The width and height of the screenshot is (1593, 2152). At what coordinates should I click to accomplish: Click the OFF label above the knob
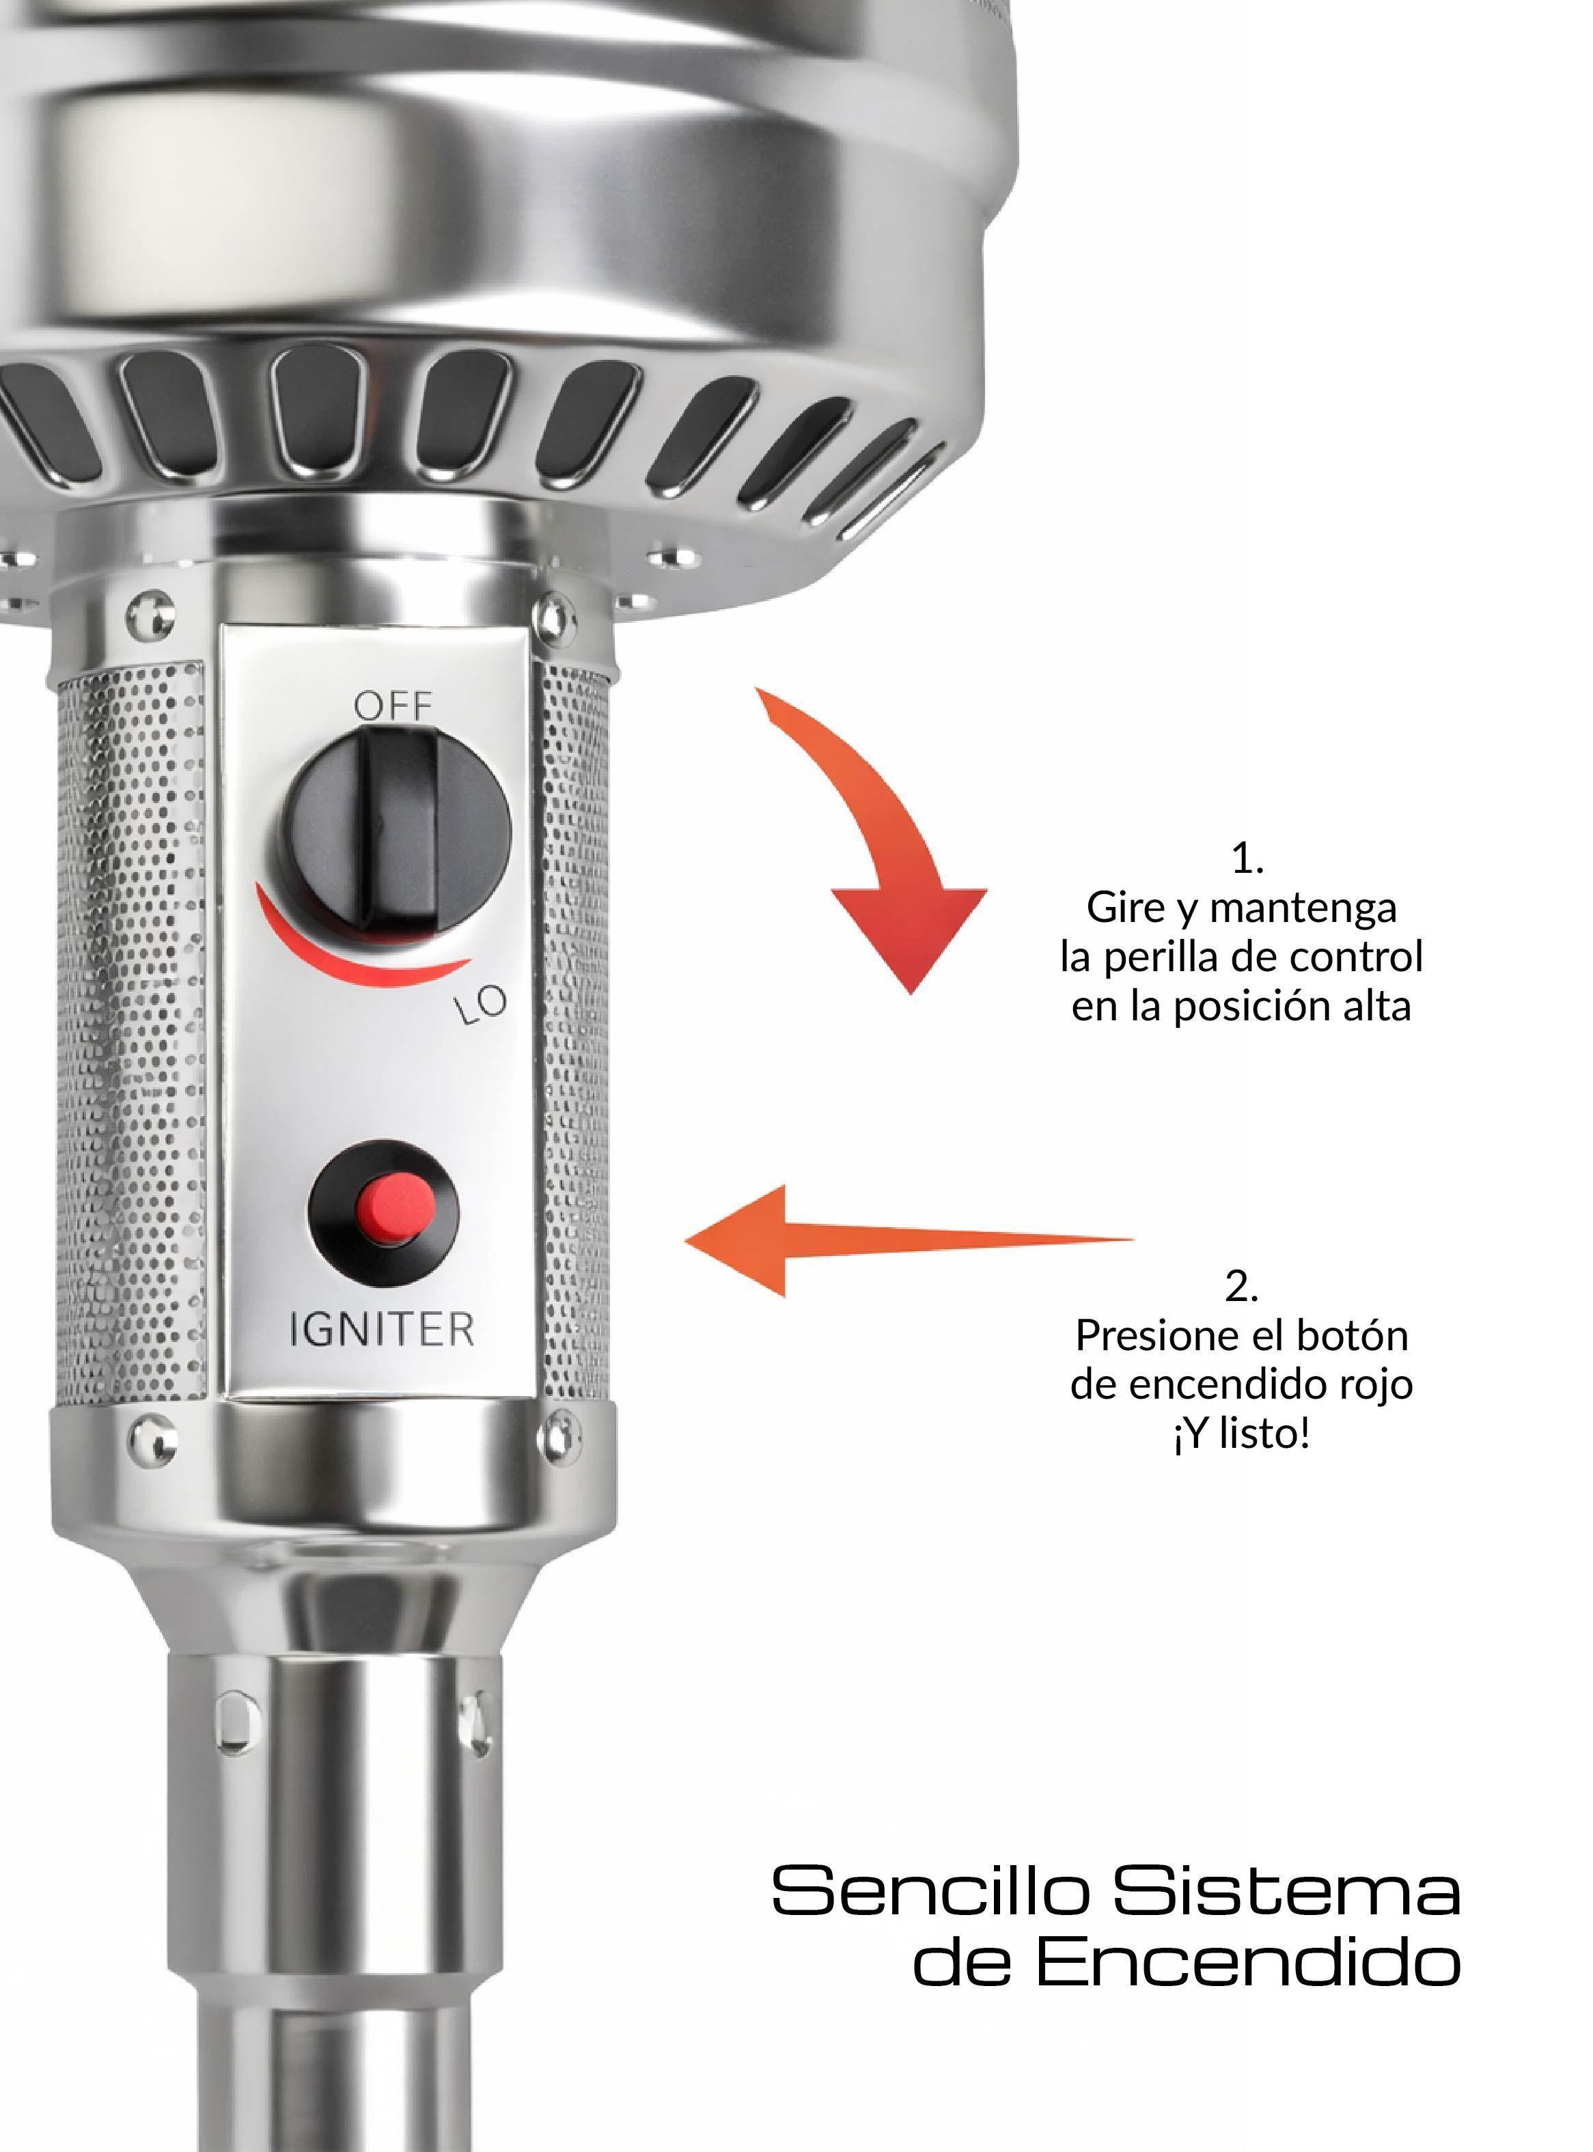coord(393,707)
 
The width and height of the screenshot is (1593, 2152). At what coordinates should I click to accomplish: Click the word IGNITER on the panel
coord(382,1330)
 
